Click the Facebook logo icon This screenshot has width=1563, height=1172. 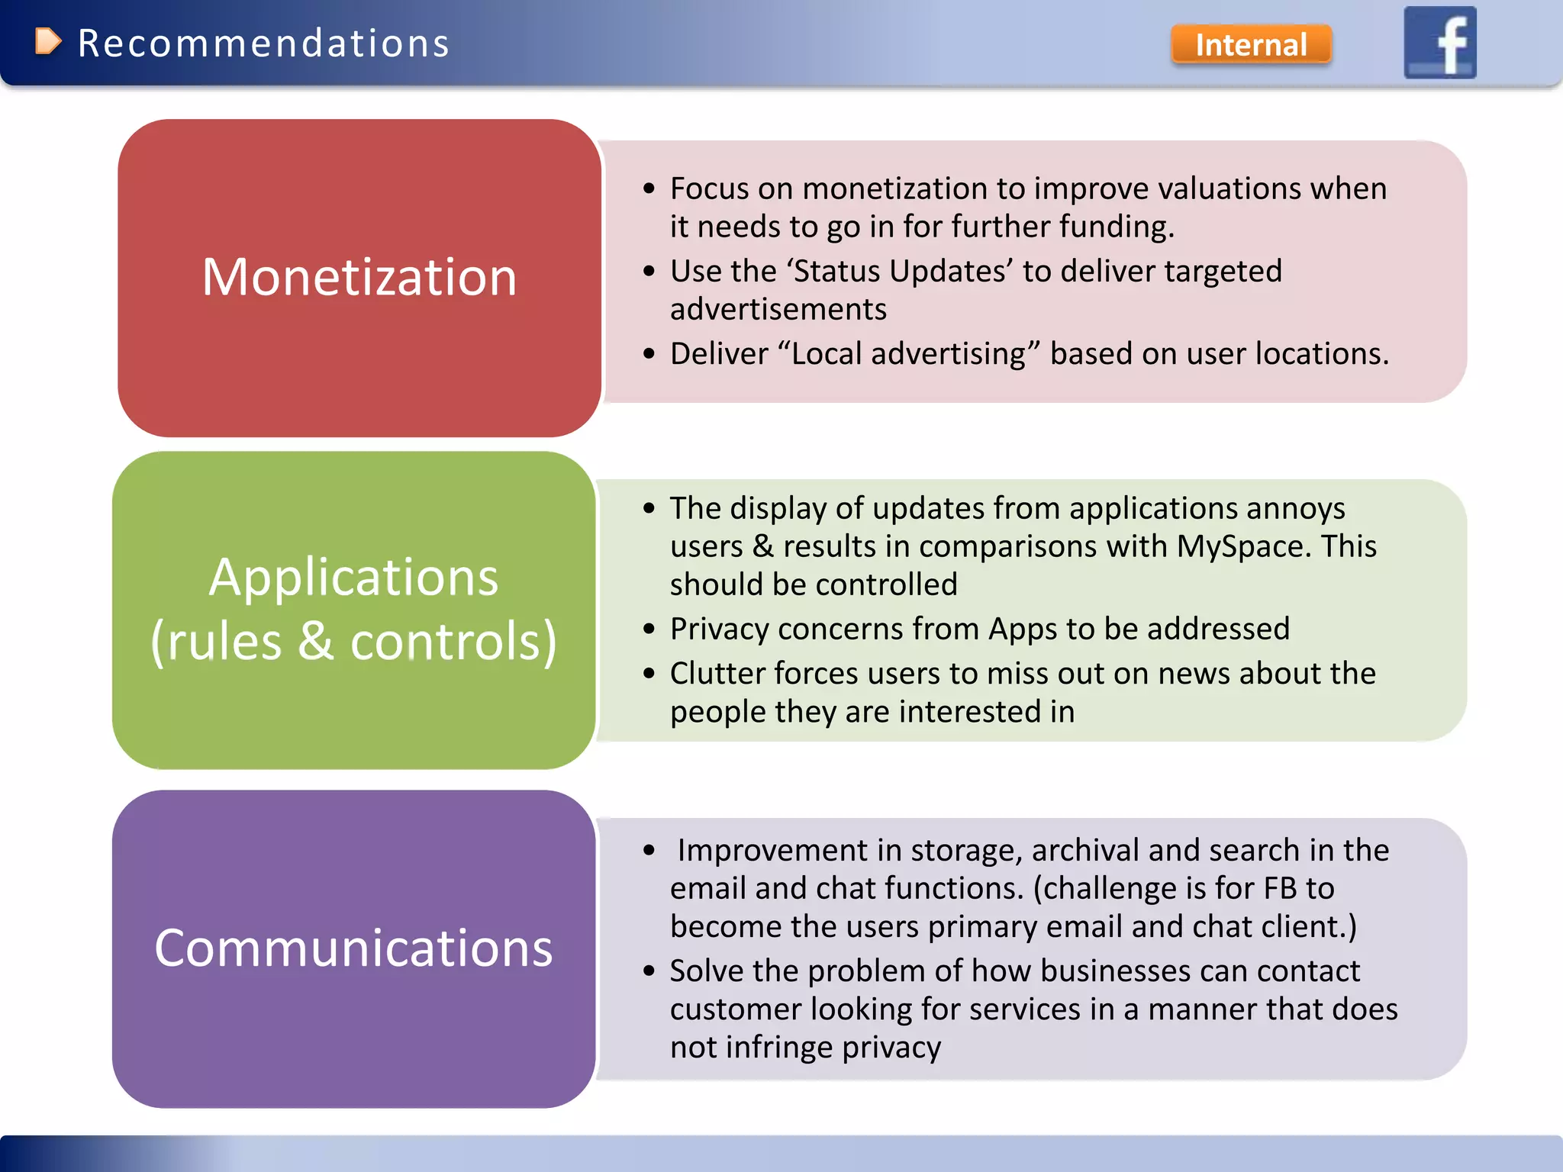pyautogui.click(x=1439, y=42)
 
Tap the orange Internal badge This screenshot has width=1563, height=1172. pyautogui.click(x=1251, y=44)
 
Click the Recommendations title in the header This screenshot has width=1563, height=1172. pyautogui.click(x=263, y=43)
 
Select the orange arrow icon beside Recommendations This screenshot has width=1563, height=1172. pyautogui.click(x=47, y=41)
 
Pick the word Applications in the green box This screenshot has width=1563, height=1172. pyautogui.click(x=353, y=577)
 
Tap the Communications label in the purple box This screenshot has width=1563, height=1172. pyautogui.click(x=353, y=948)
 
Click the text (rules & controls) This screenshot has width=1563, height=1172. pyautogui.click(x=353, y=641)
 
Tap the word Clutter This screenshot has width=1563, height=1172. pyautogui.click(x=717, y=673)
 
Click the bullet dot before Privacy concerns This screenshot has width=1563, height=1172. pyautogui.click(x=649, y=629)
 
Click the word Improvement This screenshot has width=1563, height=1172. pyautogui.click(x=772, y=850)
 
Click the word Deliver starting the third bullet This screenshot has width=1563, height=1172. pyautogui.click(x=719, y=354)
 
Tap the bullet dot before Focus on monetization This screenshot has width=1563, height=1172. pyautogui.click(x=649, y=188)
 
